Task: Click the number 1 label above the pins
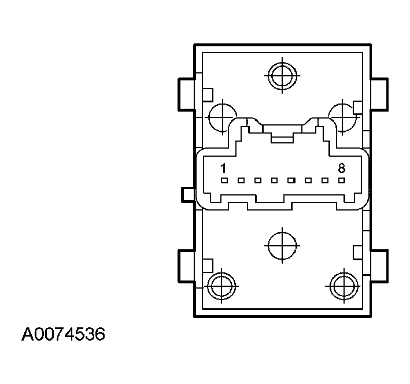tap(223, 168)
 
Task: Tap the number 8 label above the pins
tap(341, 168)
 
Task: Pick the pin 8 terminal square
tap(342, 180)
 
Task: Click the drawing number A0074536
tap(64, 335)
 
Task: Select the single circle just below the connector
tap(282, 246)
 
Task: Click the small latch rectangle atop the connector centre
tap(282, 138)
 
